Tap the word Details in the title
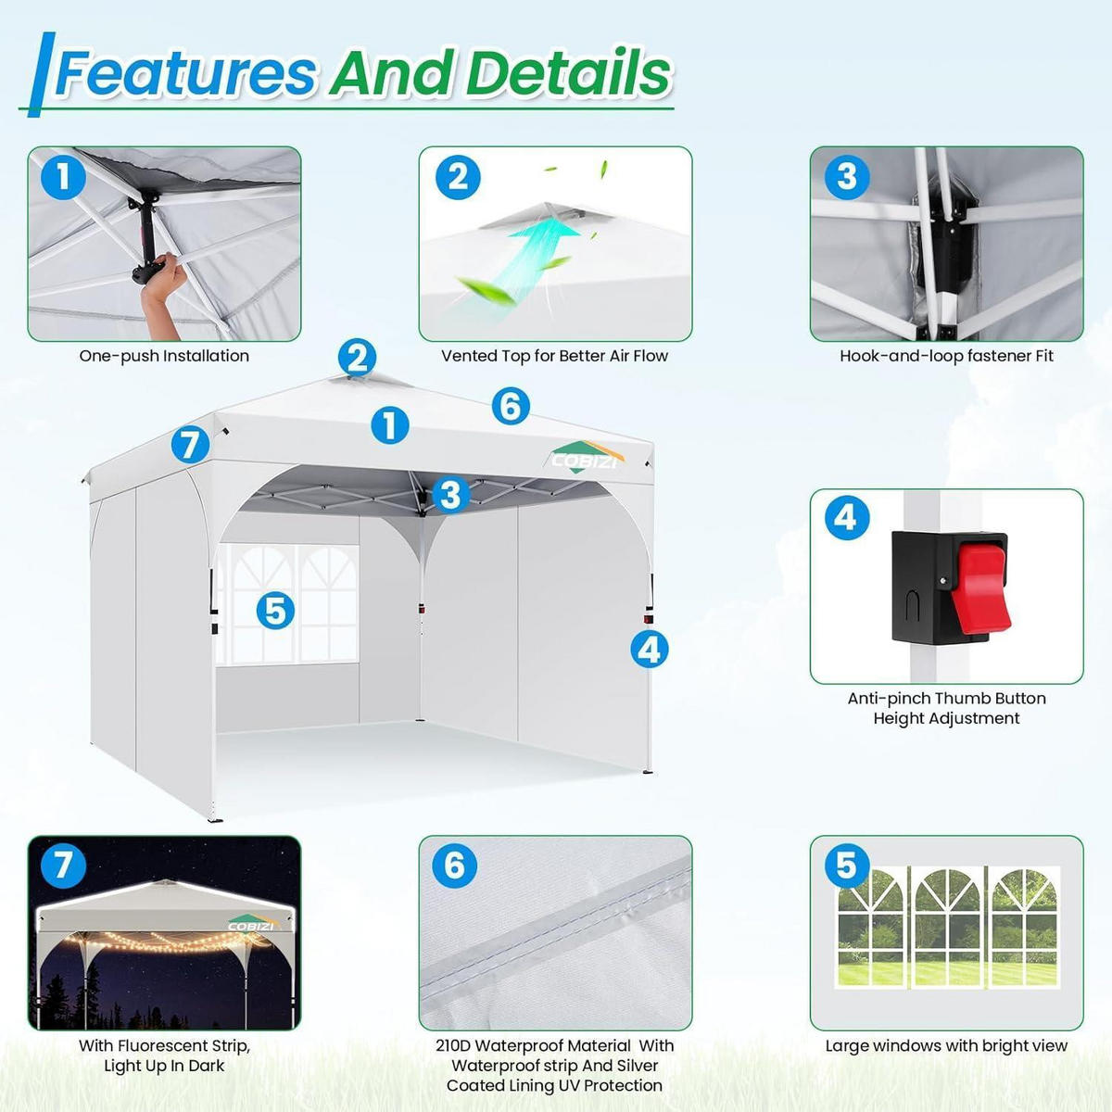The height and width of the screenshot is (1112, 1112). (x=568, y=73)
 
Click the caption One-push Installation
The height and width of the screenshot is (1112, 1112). (x=164, y=356)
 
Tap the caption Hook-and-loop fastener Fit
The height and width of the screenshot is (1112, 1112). (x=946, y=356)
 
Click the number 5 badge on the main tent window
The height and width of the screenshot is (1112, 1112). (x=275, y=611)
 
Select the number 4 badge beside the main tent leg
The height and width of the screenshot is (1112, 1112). (x=650, y=650)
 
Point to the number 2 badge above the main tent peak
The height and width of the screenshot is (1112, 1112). (x=357, y=357)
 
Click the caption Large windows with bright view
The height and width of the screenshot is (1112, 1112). (x=946, y=1045)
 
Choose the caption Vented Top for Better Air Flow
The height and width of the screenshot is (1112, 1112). (x=554, y=356)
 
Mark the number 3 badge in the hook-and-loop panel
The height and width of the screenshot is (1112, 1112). (x=847, y=177)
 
